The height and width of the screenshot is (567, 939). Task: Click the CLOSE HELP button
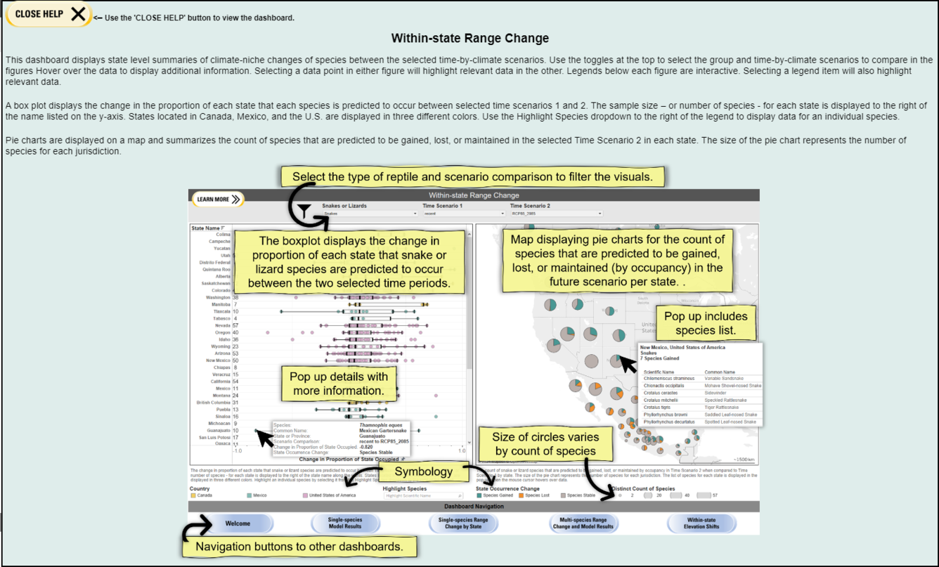pyautogui.click(x=48, y=14)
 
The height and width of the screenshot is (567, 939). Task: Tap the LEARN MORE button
pyautogui.click(x=218, y=200)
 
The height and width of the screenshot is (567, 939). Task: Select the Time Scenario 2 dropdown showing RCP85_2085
pyautogui.click(x=556, y=214)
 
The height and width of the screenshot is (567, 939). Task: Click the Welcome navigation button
pyautogui.click(x=238, y=524)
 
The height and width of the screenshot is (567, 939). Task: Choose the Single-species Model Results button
pyautogui.click(x=344, y=524)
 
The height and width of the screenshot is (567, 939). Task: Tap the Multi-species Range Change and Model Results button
pyautogui.click(x=583, y=524)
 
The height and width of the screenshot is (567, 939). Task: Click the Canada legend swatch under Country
pyautogui.click(x=193, y=495)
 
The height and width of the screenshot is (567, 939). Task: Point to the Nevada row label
pyautogui.click(x=222, y=326)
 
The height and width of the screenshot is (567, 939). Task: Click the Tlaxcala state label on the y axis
pyautogui.click(x=221, y=311)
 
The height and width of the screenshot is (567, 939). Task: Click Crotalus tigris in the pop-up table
pyautogui.click(x=657, y=408)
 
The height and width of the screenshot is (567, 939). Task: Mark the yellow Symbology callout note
pyautogui.click(x=423, y=471)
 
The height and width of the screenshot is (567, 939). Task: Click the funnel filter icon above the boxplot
pyautogui.click(x=303, y=210)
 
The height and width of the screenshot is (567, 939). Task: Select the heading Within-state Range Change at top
pyautogui.click(x=469, y=38)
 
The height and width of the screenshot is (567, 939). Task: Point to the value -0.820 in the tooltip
pyautogui.click(x=366, y=447)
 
